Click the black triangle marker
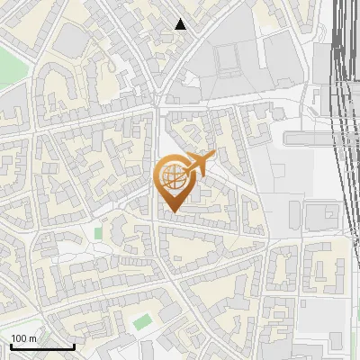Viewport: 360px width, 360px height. (x=181, y=24)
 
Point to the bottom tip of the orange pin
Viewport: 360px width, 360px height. (x=171, y=212)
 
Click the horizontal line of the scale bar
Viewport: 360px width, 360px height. (x=42, y=346)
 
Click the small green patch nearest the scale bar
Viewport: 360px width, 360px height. (x=140, y=320)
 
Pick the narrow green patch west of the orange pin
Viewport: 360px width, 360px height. (x=98, y=233)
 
